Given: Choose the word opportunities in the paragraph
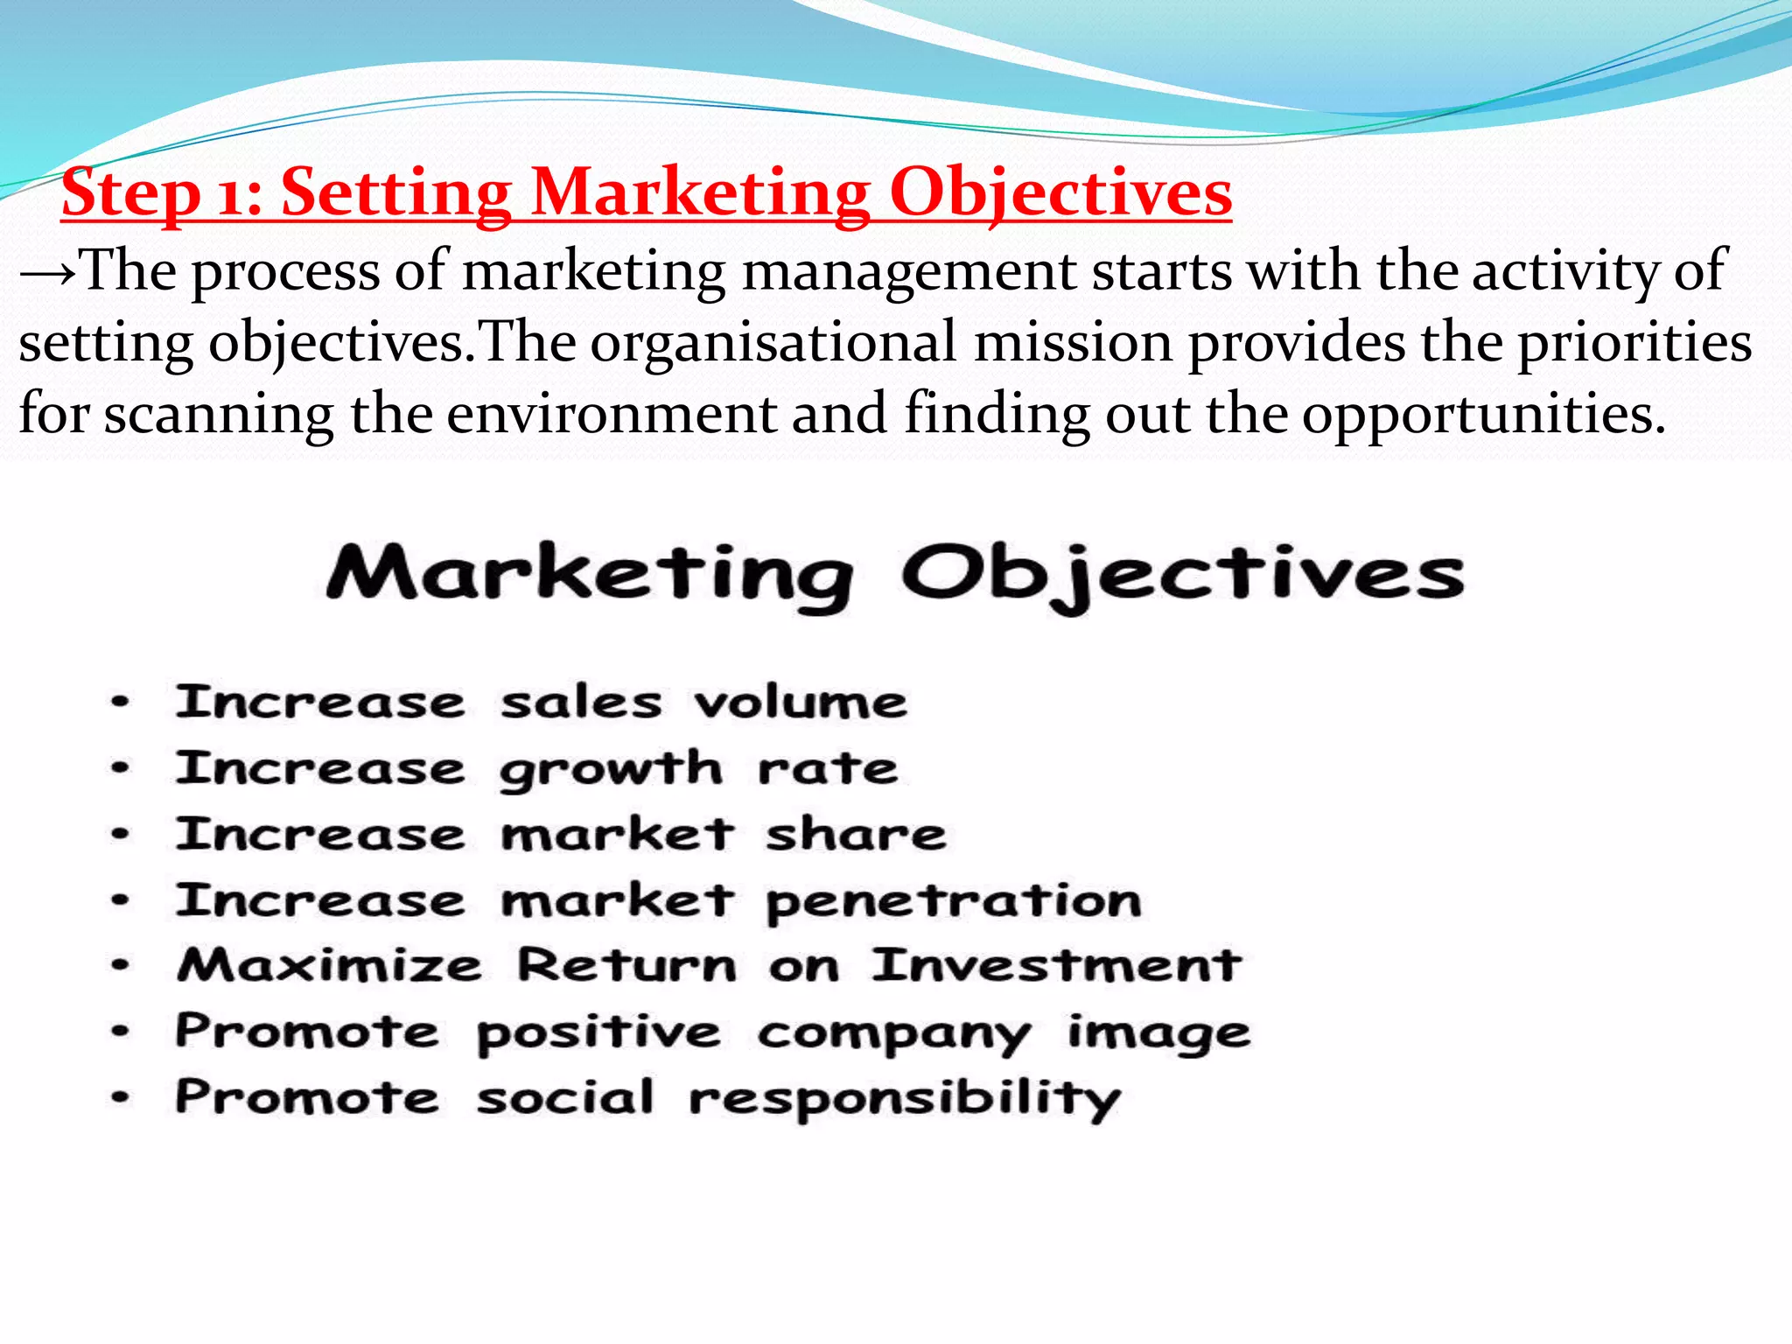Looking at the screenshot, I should point(1483,416).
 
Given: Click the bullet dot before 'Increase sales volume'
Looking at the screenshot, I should point(121,702).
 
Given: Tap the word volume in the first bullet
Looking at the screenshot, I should point(801,703).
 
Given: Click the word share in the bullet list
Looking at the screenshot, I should point(856,835).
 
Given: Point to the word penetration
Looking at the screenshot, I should point(954,902).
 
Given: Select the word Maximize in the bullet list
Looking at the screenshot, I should point(329,966).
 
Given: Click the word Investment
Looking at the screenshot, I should point(1056,966).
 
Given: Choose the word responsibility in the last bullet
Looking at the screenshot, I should point(904,1100).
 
